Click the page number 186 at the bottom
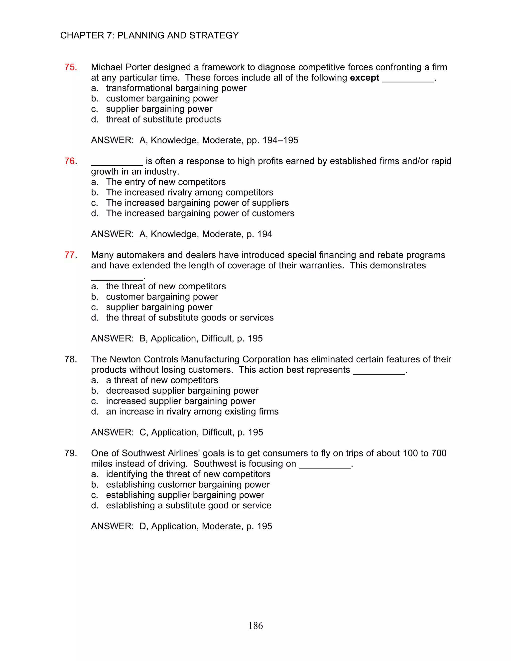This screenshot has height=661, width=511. click(255, 626)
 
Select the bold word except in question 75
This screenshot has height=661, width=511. click(364, 78)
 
